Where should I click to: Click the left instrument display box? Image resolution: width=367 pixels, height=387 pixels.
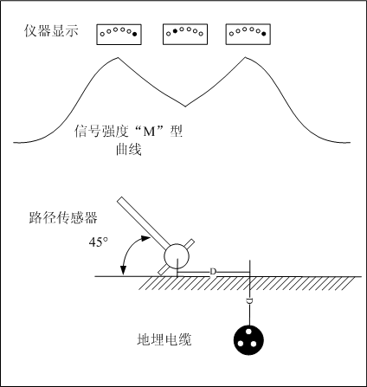tap(118, 33)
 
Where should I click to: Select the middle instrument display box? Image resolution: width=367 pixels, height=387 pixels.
tap(183, 33)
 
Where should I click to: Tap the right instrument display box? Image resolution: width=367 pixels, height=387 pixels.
tap(248, 33)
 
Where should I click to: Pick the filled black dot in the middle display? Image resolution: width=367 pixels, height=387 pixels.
tap(176, 31)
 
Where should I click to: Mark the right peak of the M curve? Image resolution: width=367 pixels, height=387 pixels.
tap(241, 60)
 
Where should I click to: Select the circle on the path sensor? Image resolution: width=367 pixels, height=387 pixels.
tap(177, 256)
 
